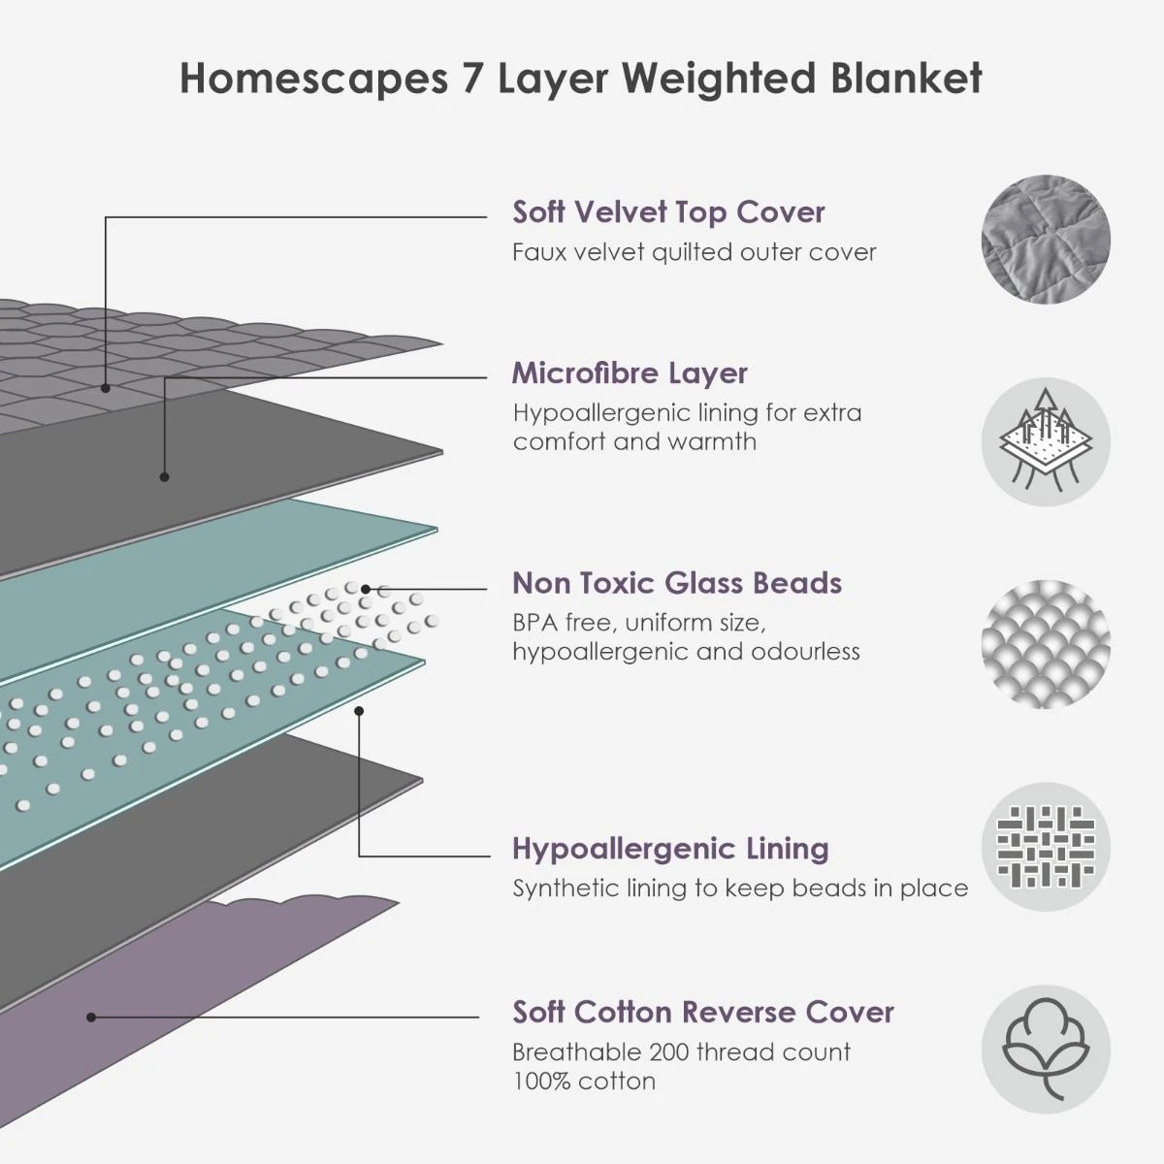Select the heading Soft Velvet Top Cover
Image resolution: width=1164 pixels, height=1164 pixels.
coord(668,211)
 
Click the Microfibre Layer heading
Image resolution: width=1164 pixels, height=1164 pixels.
coord(630,372)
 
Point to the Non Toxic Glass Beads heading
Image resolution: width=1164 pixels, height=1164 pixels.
coord(676,583)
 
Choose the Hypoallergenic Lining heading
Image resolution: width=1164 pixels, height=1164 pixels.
coord(670,849)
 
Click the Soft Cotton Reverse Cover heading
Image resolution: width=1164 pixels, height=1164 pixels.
coord(703,1012)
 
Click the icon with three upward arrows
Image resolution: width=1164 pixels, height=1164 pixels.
coord(1046,441)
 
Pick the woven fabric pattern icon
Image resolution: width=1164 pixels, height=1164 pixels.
coord(1046,847)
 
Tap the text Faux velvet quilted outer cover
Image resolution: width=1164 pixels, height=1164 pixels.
coord(694,252)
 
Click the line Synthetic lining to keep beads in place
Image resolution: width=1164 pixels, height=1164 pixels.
coord(740,889)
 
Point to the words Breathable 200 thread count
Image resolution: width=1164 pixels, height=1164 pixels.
coord(681,1052)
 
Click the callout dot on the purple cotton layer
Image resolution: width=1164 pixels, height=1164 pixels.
coord(90,1018)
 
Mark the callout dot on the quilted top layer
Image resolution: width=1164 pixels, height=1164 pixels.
coord(106,387)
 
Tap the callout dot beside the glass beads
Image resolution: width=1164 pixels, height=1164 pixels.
coord(366,589)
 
